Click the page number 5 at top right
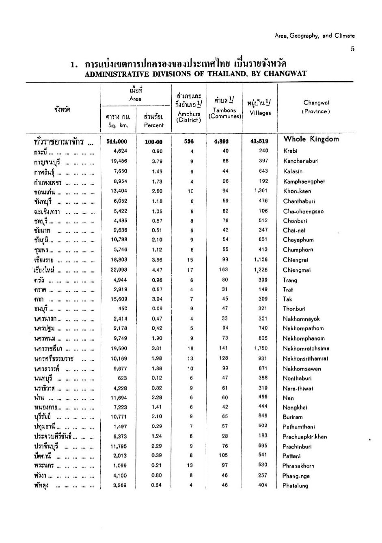pyautogui.click(x=353, y=49)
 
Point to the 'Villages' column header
pyautogui.click(x=260, y=113)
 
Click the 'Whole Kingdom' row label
pyautogui.click(x=311, y=139)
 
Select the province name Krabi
pyautogui.click(x=290, y=151)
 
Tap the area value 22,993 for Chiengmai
pyautogui.click(x=119, y=270)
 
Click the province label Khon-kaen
pyautogui.click(x=297, y=191)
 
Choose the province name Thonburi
pyautogui.click(x=294, y=309)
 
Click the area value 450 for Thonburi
pyautogui.click(x=123, y=308)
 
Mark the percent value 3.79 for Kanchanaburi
pyautogui.click(x=157, y=161)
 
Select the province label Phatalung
pyautogui.click(x=296, y=486)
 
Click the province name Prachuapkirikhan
pyautogui.click(x=304, y=437)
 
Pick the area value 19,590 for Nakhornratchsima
pyautogui.click(x=119, y=348)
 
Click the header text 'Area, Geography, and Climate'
pyautogui.click(x=315, y=36)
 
